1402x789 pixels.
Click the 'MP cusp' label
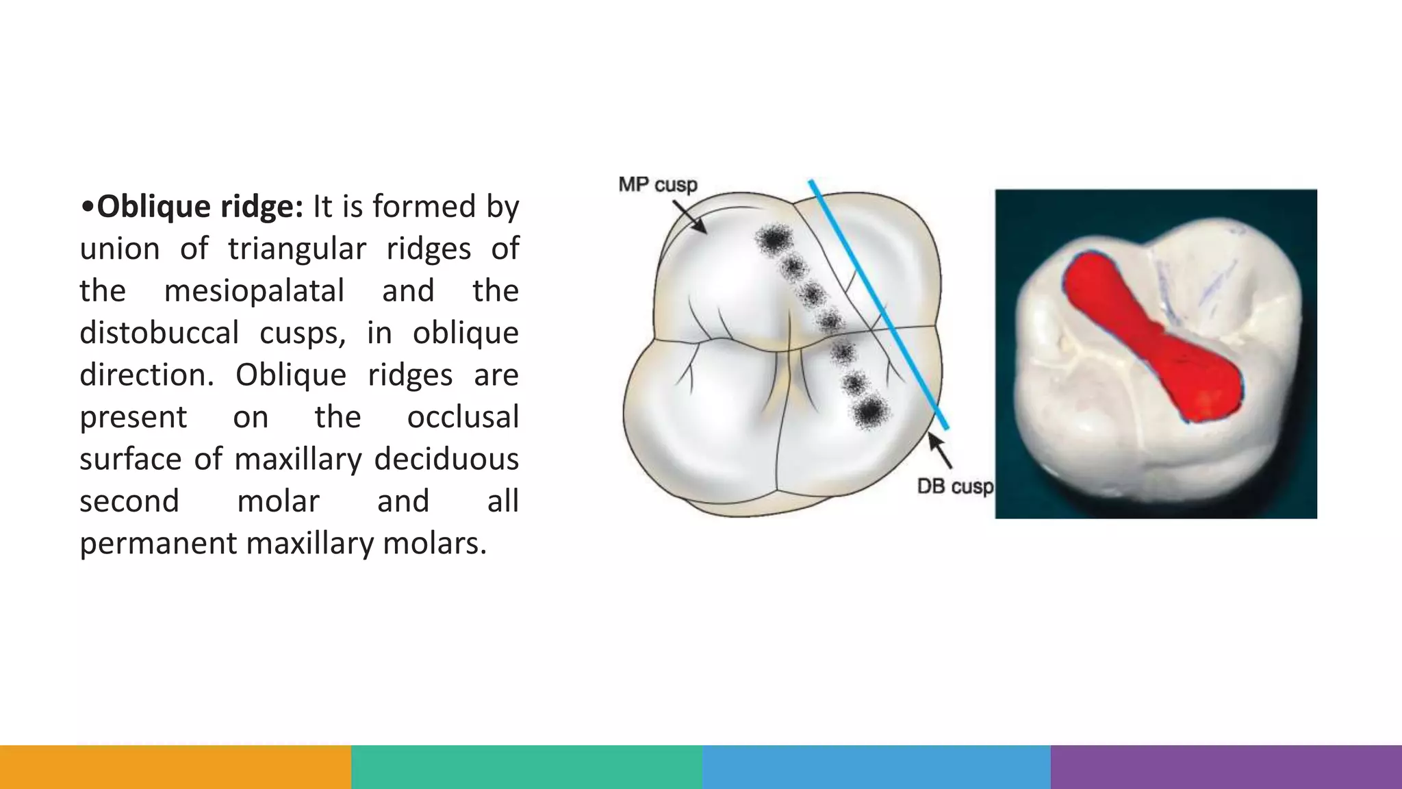[x=657, y=185]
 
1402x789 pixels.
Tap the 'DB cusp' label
[x=954, y=486]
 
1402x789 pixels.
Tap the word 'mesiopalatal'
[x=254, y=290]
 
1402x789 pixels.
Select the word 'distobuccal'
[x=159, y=333]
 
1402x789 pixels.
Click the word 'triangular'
[x=297, y=249]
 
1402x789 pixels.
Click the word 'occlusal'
[x=463, y=417]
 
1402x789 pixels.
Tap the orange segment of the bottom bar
[x=175, y=767]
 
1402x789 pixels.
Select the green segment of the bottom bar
[x=526, y=767]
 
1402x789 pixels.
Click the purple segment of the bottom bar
[x=1226, y=767]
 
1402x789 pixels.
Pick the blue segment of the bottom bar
[x=876, y=767]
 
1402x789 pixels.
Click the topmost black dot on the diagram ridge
[x=774, y=239]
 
